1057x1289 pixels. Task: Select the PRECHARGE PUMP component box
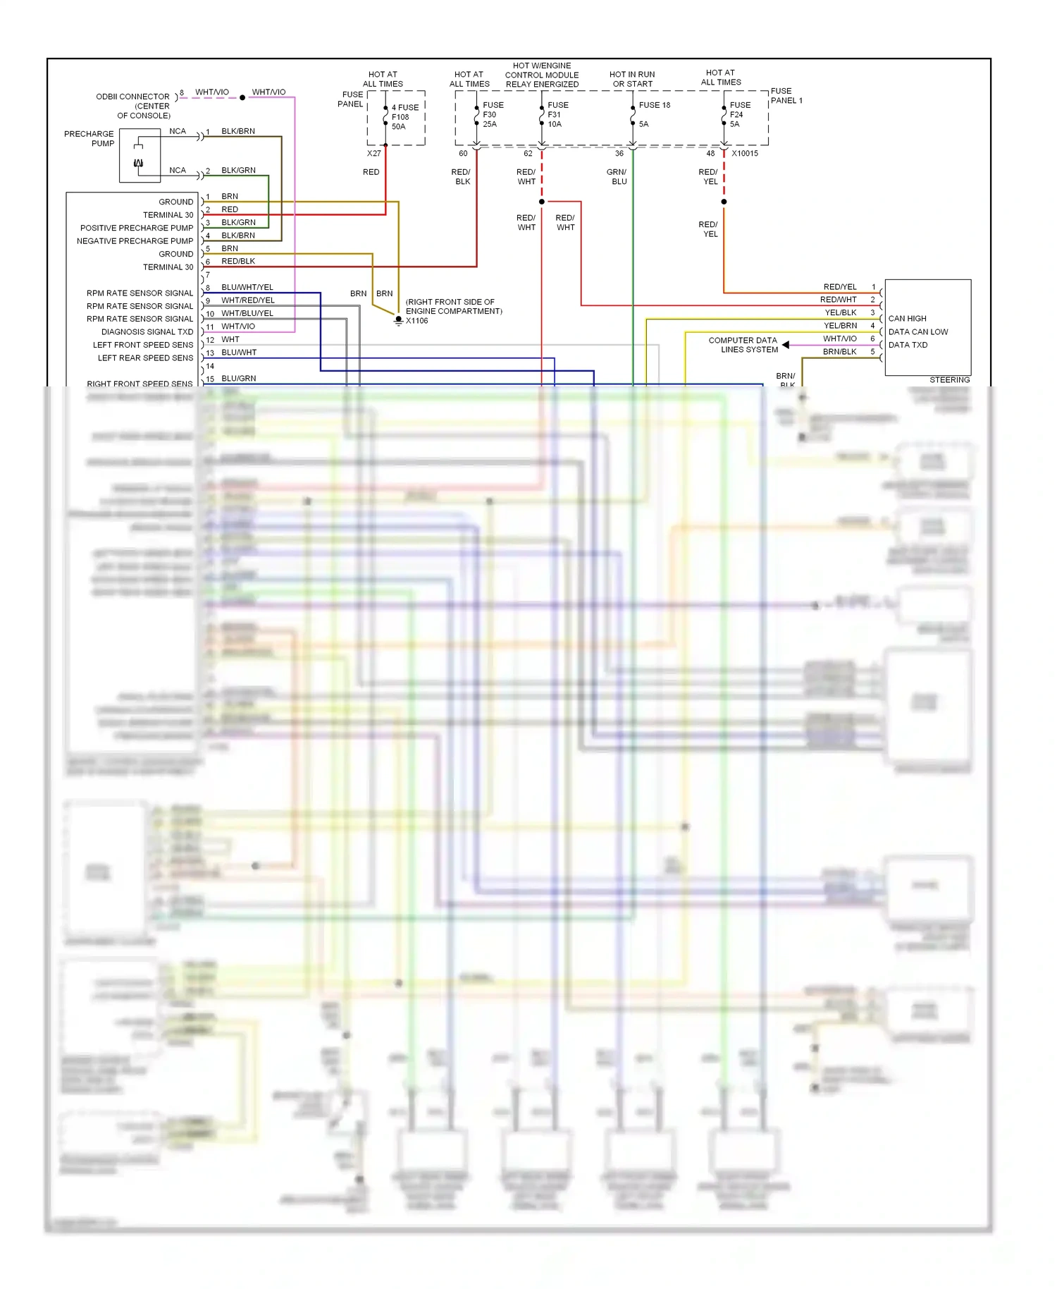point(140,156)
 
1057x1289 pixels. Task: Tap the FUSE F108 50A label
point(404,117)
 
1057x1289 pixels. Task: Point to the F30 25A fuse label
point(492,114)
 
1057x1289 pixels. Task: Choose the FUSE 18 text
point(654,105)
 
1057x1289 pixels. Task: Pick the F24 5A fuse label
point(739,114)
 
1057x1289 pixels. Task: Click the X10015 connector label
point(745,153)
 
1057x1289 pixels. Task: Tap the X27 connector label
point(373,153)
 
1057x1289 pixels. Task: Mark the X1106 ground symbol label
point(416,321)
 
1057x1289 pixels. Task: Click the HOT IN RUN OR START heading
point(632,79)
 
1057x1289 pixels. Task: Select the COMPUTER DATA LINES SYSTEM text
point(744,345)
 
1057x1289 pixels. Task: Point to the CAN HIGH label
point(907,319)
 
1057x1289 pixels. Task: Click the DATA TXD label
point(908,345)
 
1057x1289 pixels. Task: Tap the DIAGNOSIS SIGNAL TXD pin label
point(147,332)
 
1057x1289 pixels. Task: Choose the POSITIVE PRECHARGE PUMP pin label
point(136,228)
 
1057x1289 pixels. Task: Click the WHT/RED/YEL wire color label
point(248,300)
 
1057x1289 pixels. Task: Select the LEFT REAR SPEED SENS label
point(145,358)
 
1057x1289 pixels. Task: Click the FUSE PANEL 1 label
point(786,96)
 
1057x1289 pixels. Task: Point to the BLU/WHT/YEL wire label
point(247,287)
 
